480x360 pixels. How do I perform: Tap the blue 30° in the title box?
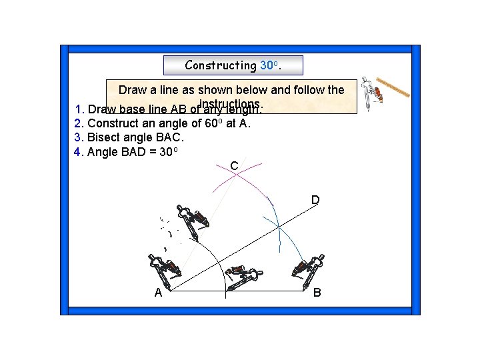(269, 65)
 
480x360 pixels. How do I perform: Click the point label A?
(158, 293)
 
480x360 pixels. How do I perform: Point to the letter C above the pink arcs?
(234, 165)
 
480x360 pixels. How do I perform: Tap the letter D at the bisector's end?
(315, 200)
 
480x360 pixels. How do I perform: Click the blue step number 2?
(79, 123)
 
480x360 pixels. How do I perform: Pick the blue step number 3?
(79, 137)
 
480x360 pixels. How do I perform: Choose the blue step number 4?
(79, 151)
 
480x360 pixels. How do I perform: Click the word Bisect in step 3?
(104, 137)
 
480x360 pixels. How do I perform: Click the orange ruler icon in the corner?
(393, 89)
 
